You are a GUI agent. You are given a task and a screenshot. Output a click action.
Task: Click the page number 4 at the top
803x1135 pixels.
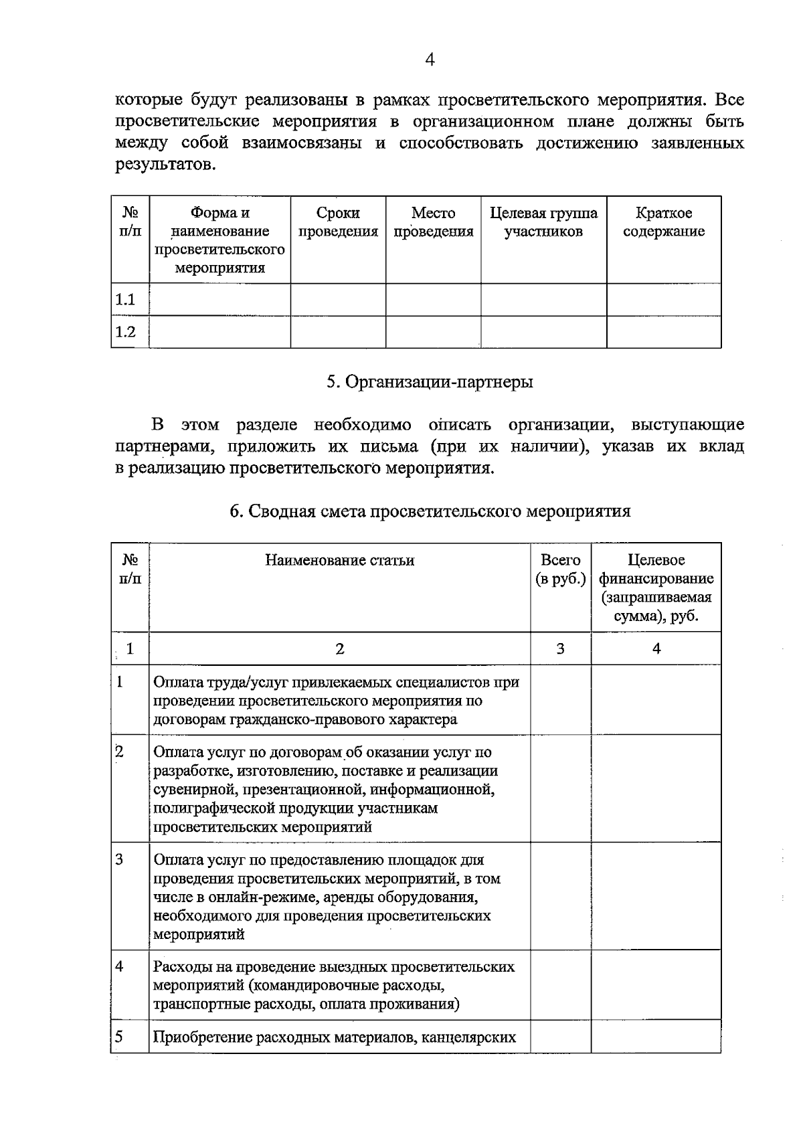coord(430,60)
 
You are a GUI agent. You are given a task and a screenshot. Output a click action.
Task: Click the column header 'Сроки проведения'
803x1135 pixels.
coord(338,222)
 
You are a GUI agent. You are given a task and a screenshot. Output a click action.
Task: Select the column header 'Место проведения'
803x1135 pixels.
coord(433,222)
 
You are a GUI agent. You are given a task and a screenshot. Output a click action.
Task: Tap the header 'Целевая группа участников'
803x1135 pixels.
coord(543,222)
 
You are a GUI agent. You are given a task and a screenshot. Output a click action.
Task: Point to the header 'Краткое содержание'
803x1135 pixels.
coord(663,222)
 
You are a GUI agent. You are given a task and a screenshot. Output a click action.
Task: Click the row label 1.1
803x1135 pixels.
coord(126,299)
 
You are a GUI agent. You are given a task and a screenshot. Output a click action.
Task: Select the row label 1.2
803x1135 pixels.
coord(126,332)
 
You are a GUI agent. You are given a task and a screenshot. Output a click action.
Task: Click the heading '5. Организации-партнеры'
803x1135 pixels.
coord(430,382)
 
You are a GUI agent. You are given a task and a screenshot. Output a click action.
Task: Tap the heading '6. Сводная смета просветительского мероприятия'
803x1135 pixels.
coord(430,511)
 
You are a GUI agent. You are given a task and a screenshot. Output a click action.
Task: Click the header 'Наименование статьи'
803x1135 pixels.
coord(339,560)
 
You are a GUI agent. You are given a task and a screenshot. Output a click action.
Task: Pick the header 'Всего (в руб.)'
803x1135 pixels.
coord(561,569)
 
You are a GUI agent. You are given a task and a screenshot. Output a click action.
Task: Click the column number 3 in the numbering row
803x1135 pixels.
coord(560,648)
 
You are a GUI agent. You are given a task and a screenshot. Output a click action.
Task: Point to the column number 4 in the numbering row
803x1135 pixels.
coord(656,648)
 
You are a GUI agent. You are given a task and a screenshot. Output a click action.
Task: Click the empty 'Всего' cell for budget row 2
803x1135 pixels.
coord(560,788)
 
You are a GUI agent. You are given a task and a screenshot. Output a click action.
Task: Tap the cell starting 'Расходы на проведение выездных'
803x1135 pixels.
coord(334,985)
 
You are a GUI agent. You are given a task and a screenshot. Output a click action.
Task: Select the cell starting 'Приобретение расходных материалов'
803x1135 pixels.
coord(335,1037)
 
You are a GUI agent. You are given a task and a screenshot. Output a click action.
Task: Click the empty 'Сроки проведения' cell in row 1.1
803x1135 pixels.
coord(338,299)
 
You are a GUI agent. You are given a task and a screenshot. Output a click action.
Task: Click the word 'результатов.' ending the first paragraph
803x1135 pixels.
coord(165,165)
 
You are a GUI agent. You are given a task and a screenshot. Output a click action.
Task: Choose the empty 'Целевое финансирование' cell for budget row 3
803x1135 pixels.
coord(656,895)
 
